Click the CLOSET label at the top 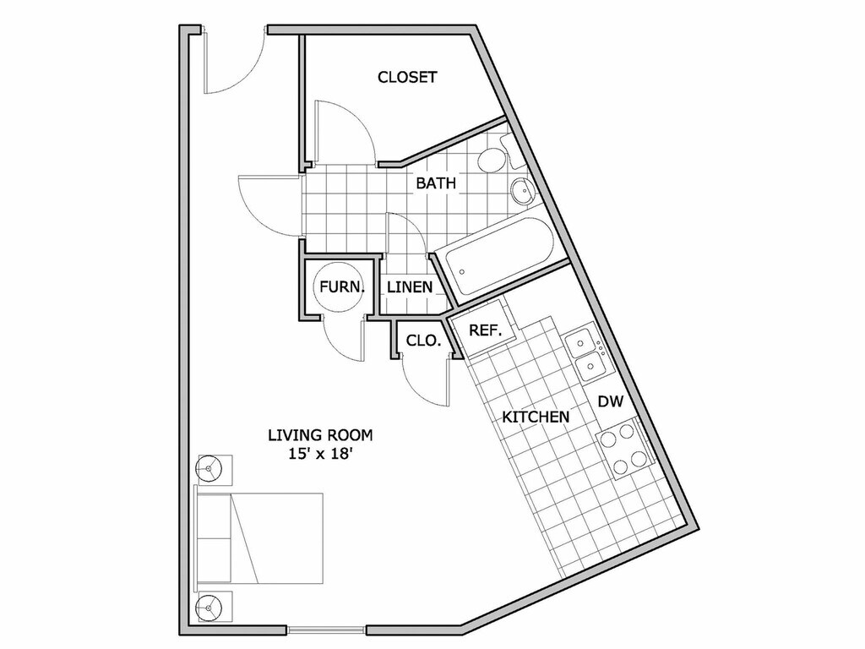pyautogui.click(x=407, y=78)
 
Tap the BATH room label pyautogui.click(x=436, y=183)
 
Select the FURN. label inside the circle pyautogui.click(x=342, y=286)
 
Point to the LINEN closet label pyautogui.click(x=410, y=287)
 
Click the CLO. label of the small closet pyautogui.click(x=423, y=341)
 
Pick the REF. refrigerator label pyautogui.click(x=486, y=330)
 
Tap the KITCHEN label pyautogui.click(x=536, y=417)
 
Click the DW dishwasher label pyautogui.click(x=610, y=401)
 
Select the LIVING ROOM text pyautogui.click(x=320, y=436)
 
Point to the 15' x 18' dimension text pyautogui.click(x=320, y=455)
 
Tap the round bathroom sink pyautogui.click(x=522, y=191)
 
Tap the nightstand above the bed pyautogui.click(x=211, y=467)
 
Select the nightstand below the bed pyautogui.click(x=211, y=606)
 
